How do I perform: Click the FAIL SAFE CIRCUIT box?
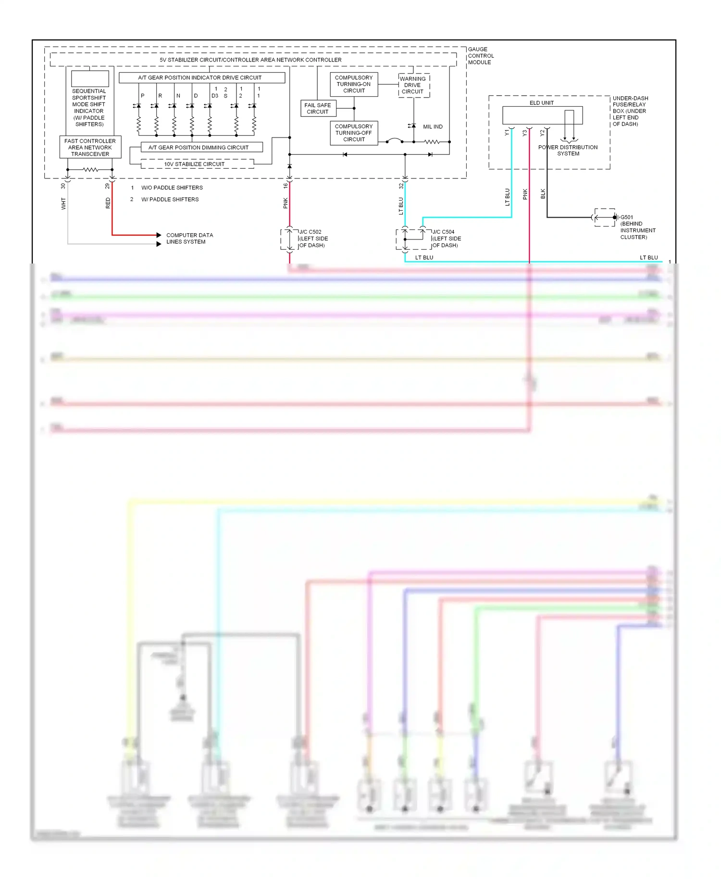point(317,108)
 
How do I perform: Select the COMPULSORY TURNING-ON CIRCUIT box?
point(354,84)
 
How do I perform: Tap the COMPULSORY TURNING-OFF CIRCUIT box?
point(354,133)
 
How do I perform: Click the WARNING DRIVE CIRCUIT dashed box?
point(413,85)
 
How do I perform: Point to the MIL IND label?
point(433,126)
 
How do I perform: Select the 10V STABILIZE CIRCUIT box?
point(194,164)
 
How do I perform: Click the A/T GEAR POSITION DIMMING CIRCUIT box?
point(199,147)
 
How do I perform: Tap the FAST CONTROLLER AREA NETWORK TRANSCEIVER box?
point(90,147)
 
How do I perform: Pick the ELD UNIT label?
point(541,103)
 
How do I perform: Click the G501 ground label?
point(626,217)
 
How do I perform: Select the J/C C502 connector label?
point(310,232)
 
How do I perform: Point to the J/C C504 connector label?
point(443,232)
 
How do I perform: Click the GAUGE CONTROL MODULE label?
point(480,56)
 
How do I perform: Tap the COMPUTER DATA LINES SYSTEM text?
point(189,239)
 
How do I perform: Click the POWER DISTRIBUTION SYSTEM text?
point(568,151)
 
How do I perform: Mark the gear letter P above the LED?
point(143,96)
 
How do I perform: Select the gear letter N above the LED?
point(178,96)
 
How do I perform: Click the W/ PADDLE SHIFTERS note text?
point(170,199)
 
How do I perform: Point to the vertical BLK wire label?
point(543,194)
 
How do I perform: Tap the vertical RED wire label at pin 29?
point(108,203)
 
